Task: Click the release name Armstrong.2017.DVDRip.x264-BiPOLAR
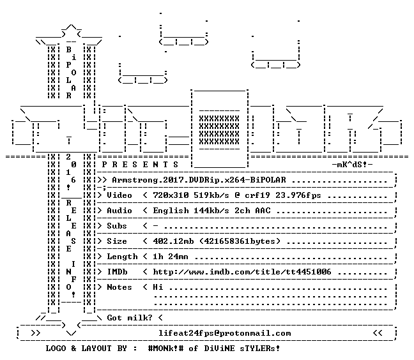click(x=199, y=180)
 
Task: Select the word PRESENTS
click(x=140, y=165)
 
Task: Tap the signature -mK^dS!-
click(x=352, y=165)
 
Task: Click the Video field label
click(x=119, y=195)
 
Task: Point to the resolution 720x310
click(x=171, y=195)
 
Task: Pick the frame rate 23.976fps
click(x=298, y=195)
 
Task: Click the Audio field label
click(x=119, y=211)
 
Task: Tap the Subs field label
click(x=117, y=226)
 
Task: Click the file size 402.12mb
click(x=173, y=241)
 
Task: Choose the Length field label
click(x=122, y=257)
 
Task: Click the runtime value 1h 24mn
click(x=171, y=257)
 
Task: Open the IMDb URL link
click(x=242, y=272)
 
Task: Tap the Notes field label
click(x=119, y=287)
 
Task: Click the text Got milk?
click(x=130, y=318)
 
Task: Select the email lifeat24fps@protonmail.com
click(x=224, y=333)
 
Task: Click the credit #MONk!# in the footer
click(x=165, y=349)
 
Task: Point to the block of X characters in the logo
click(x=219, y=130)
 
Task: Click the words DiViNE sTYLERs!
click(x=242, y=349)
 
